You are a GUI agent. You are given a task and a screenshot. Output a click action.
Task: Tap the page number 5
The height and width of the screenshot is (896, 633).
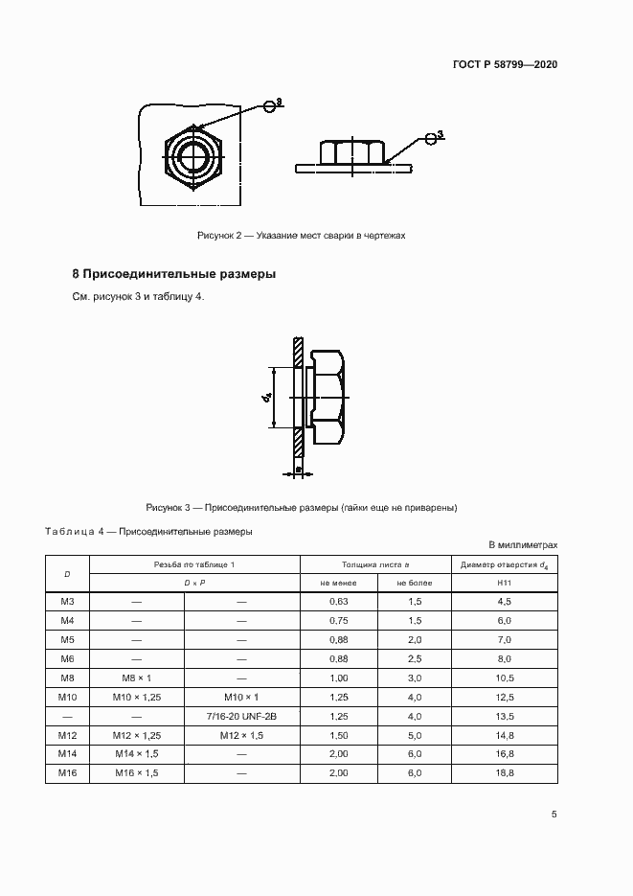coord(554,815)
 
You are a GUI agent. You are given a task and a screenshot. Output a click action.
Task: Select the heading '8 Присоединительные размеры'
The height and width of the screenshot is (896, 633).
coord(174,274)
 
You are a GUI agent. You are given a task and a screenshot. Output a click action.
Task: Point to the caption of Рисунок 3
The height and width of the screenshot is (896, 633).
coord(302,507)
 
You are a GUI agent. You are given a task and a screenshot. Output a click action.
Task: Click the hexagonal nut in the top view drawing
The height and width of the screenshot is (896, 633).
coord(194,158)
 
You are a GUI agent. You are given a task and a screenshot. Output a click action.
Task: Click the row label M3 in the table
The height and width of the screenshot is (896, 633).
coord(67,601)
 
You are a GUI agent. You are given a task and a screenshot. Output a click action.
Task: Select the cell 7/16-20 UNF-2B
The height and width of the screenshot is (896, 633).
coord(241,716)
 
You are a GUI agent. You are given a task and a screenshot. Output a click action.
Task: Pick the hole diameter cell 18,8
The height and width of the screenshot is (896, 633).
coord(504,772)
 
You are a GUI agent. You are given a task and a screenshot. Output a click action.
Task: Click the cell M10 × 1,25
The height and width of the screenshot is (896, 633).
coord(136,697)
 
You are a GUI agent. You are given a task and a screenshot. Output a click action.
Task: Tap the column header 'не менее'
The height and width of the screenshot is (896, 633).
coord(339,583)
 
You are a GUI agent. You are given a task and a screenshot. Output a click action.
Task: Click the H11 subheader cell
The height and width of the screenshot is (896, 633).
coord(504,583)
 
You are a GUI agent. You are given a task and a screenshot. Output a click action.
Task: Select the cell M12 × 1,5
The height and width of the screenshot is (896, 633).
coord(241,735)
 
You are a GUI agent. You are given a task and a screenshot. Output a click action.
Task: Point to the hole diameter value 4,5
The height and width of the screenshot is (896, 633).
coord(504,601)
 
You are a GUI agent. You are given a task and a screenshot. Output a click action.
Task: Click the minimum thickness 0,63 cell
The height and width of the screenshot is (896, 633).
coord(339,601)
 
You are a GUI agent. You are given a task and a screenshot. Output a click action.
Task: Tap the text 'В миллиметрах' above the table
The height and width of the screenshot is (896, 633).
coord(523,544)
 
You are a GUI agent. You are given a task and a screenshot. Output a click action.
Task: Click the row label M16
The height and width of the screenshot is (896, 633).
coord(67,772)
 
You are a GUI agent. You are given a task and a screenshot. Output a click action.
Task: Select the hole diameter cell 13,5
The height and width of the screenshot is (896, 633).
coord(504,716)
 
